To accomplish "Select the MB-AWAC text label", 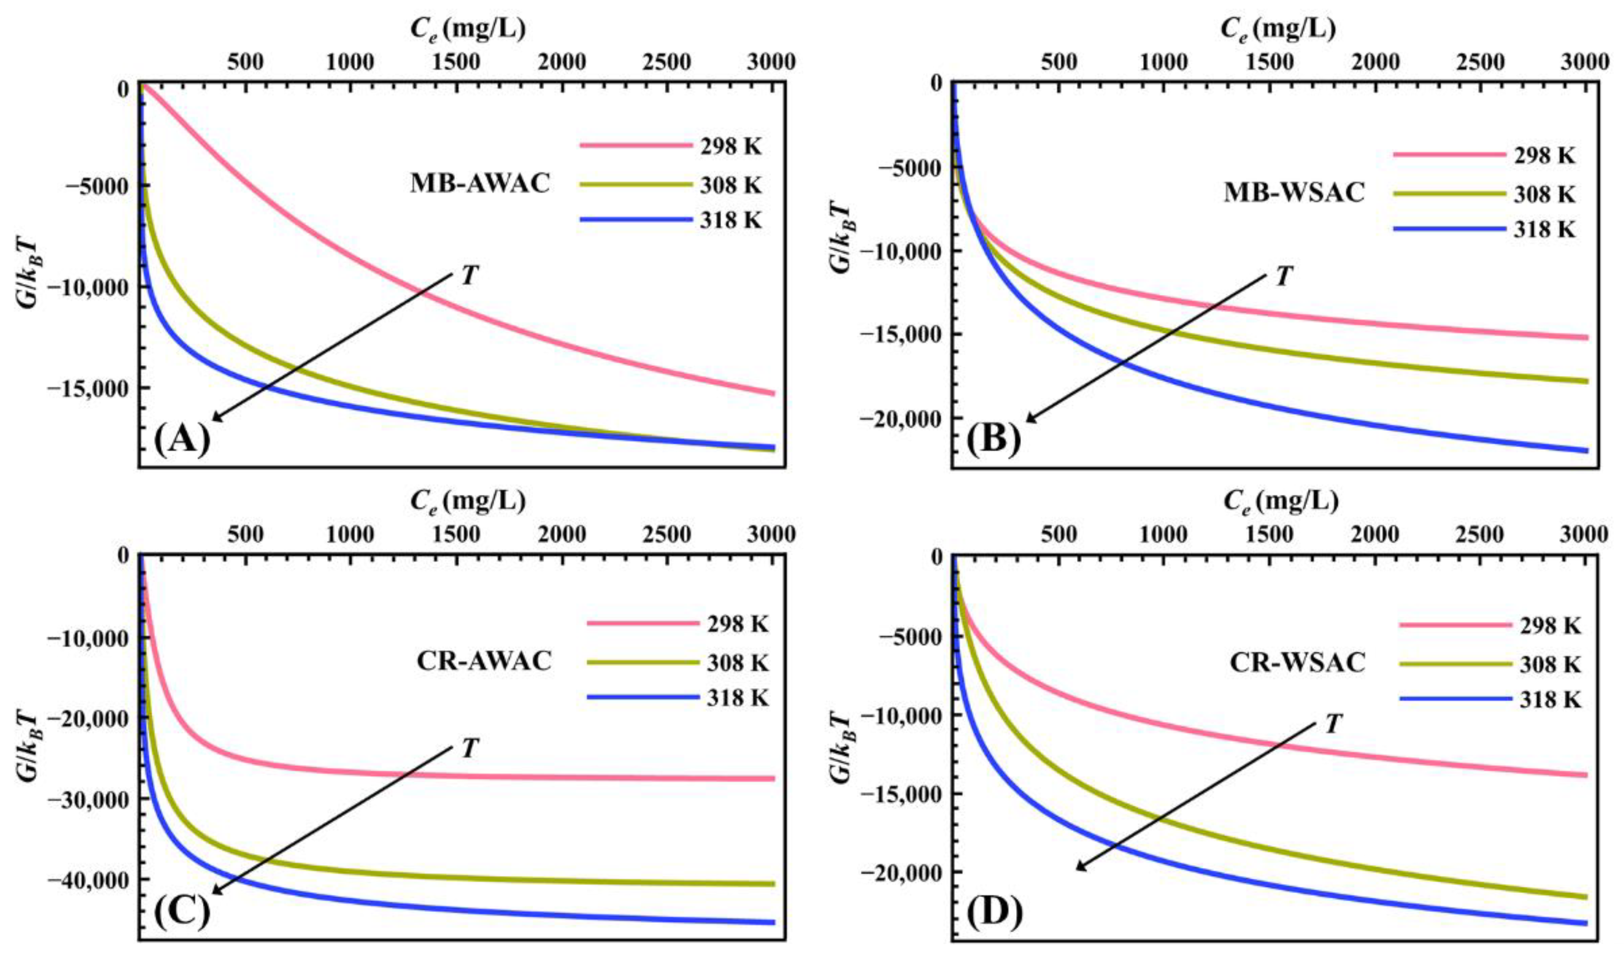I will pos(480,184).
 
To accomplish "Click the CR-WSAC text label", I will pos(1297,663).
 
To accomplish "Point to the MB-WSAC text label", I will pos(1294,193).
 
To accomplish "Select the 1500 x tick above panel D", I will pos(1269,534).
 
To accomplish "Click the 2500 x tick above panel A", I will pos(668,62).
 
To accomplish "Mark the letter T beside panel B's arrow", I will pos(1284,277).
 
